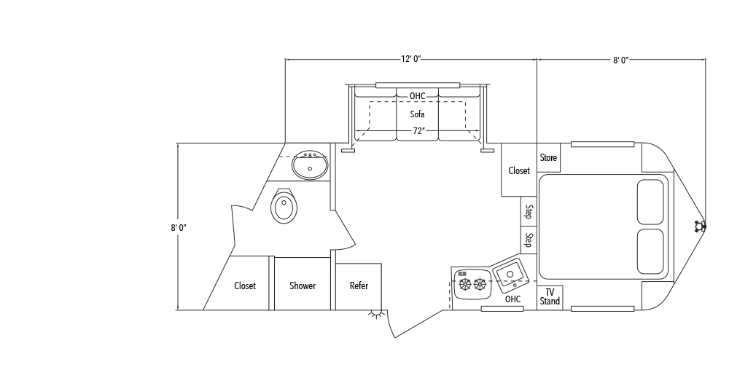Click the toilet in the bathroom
284,207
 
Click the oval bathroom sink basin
311,166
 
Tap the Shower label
302,286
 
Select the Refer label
359,286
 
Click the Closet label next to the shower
245,286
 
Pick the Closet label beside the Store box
519,171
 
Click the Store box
548,158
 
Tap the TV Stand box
550,297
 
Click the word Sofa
417,114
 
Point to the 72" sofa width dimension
417,131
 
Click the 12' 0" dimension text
410,60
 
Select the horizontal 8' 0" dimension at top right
620,60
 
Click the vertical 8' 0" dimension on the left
179,228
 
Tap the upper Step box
529,213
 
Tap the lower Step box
529,240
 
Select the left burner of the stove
465,284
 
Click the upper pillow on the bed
650,202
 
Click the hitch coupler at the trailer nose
701,227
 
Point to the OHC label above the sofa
417,96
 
